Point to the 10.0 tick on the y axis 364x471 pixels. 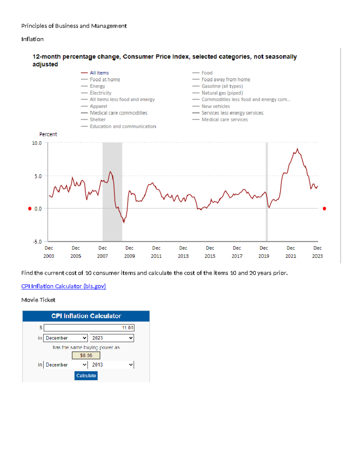coord(37,143)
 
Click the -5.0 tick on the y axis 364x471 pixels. coord(37,242)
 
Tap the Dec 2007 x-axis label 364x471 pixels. coord(103,252)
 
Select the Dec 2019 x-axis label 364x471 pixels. coord(264,252)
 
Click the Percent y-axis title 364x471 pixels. coord(48,134)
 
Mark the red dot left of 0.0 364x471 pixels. coord(30,209)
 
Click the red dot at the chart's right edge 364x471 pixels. coord(324,209)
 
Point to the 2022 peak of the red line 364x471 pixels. coord(298,149)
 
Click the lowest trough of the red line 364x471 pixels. coord(124,222)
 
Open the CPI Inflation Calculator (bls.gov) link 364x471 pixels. coord(63,286)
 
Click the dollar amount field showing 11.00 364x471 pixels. coord(89,328)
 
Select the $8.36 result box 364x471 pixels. coord(86,355)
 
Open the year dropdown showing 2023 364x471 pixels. coord(112,338)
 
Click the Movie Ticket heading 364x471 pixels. coord(38,300)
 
